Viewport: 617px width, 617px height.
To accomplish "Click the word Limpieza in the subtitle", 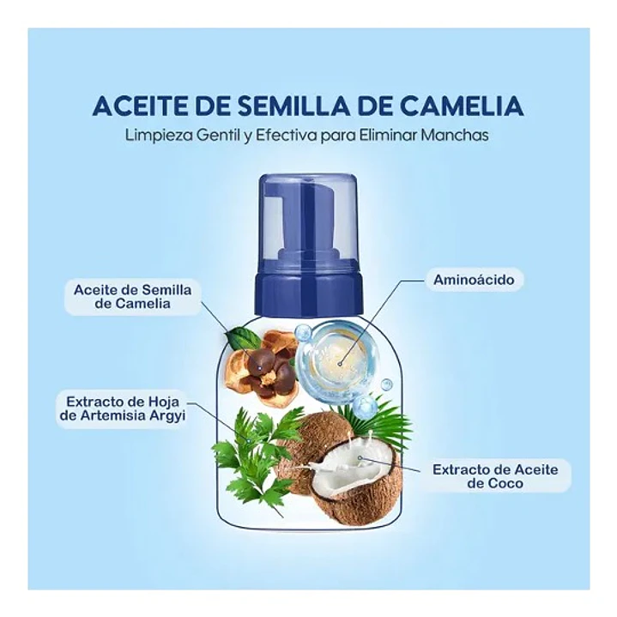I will (x=155, y=136).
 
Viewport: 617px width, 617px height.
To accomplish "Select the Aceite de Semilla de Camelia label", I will (x=132, y=296).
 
